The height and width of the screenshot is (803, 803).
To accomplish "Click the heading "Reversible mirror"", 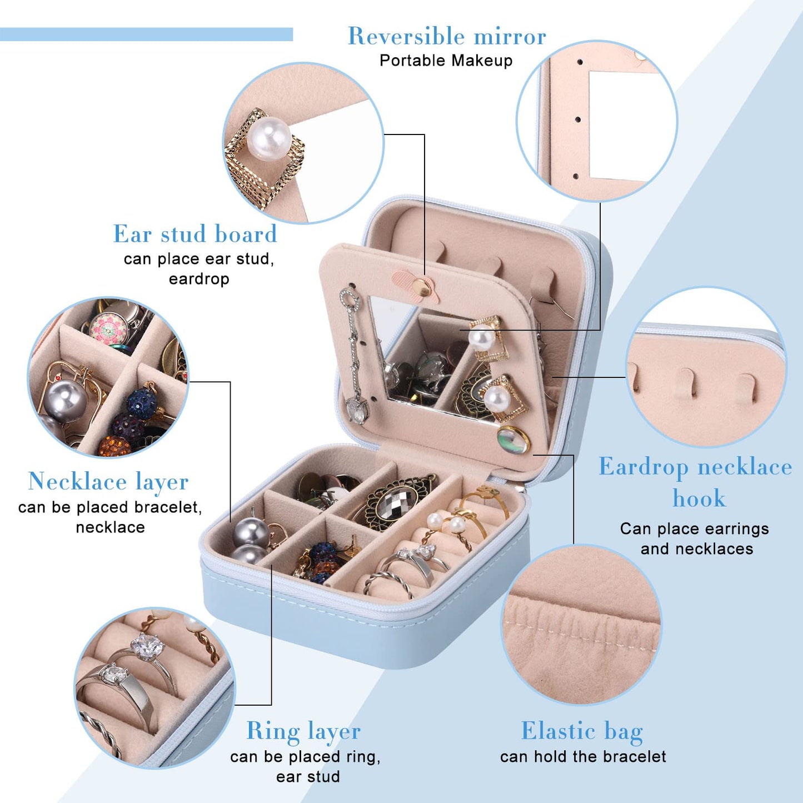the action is [x=447, y=36].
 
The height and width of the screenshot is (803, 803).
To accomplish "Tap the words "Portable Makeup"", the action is [x=446, y=61].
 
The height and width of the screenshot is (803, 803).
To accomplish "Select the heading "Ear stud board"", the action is [x=195, y=234].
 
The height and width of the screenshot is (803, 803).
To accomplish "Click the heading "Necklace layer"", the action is [x=108, y=482].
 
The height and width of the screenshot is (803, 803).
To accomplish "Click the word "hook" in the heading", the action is [x=699, y=498].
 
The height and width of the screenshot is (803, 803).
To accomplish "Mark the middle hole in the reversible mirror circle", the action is [x=578, y=119].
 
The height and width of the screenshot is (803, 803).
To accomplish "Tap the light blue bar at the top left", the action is [x=146, y=34].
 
